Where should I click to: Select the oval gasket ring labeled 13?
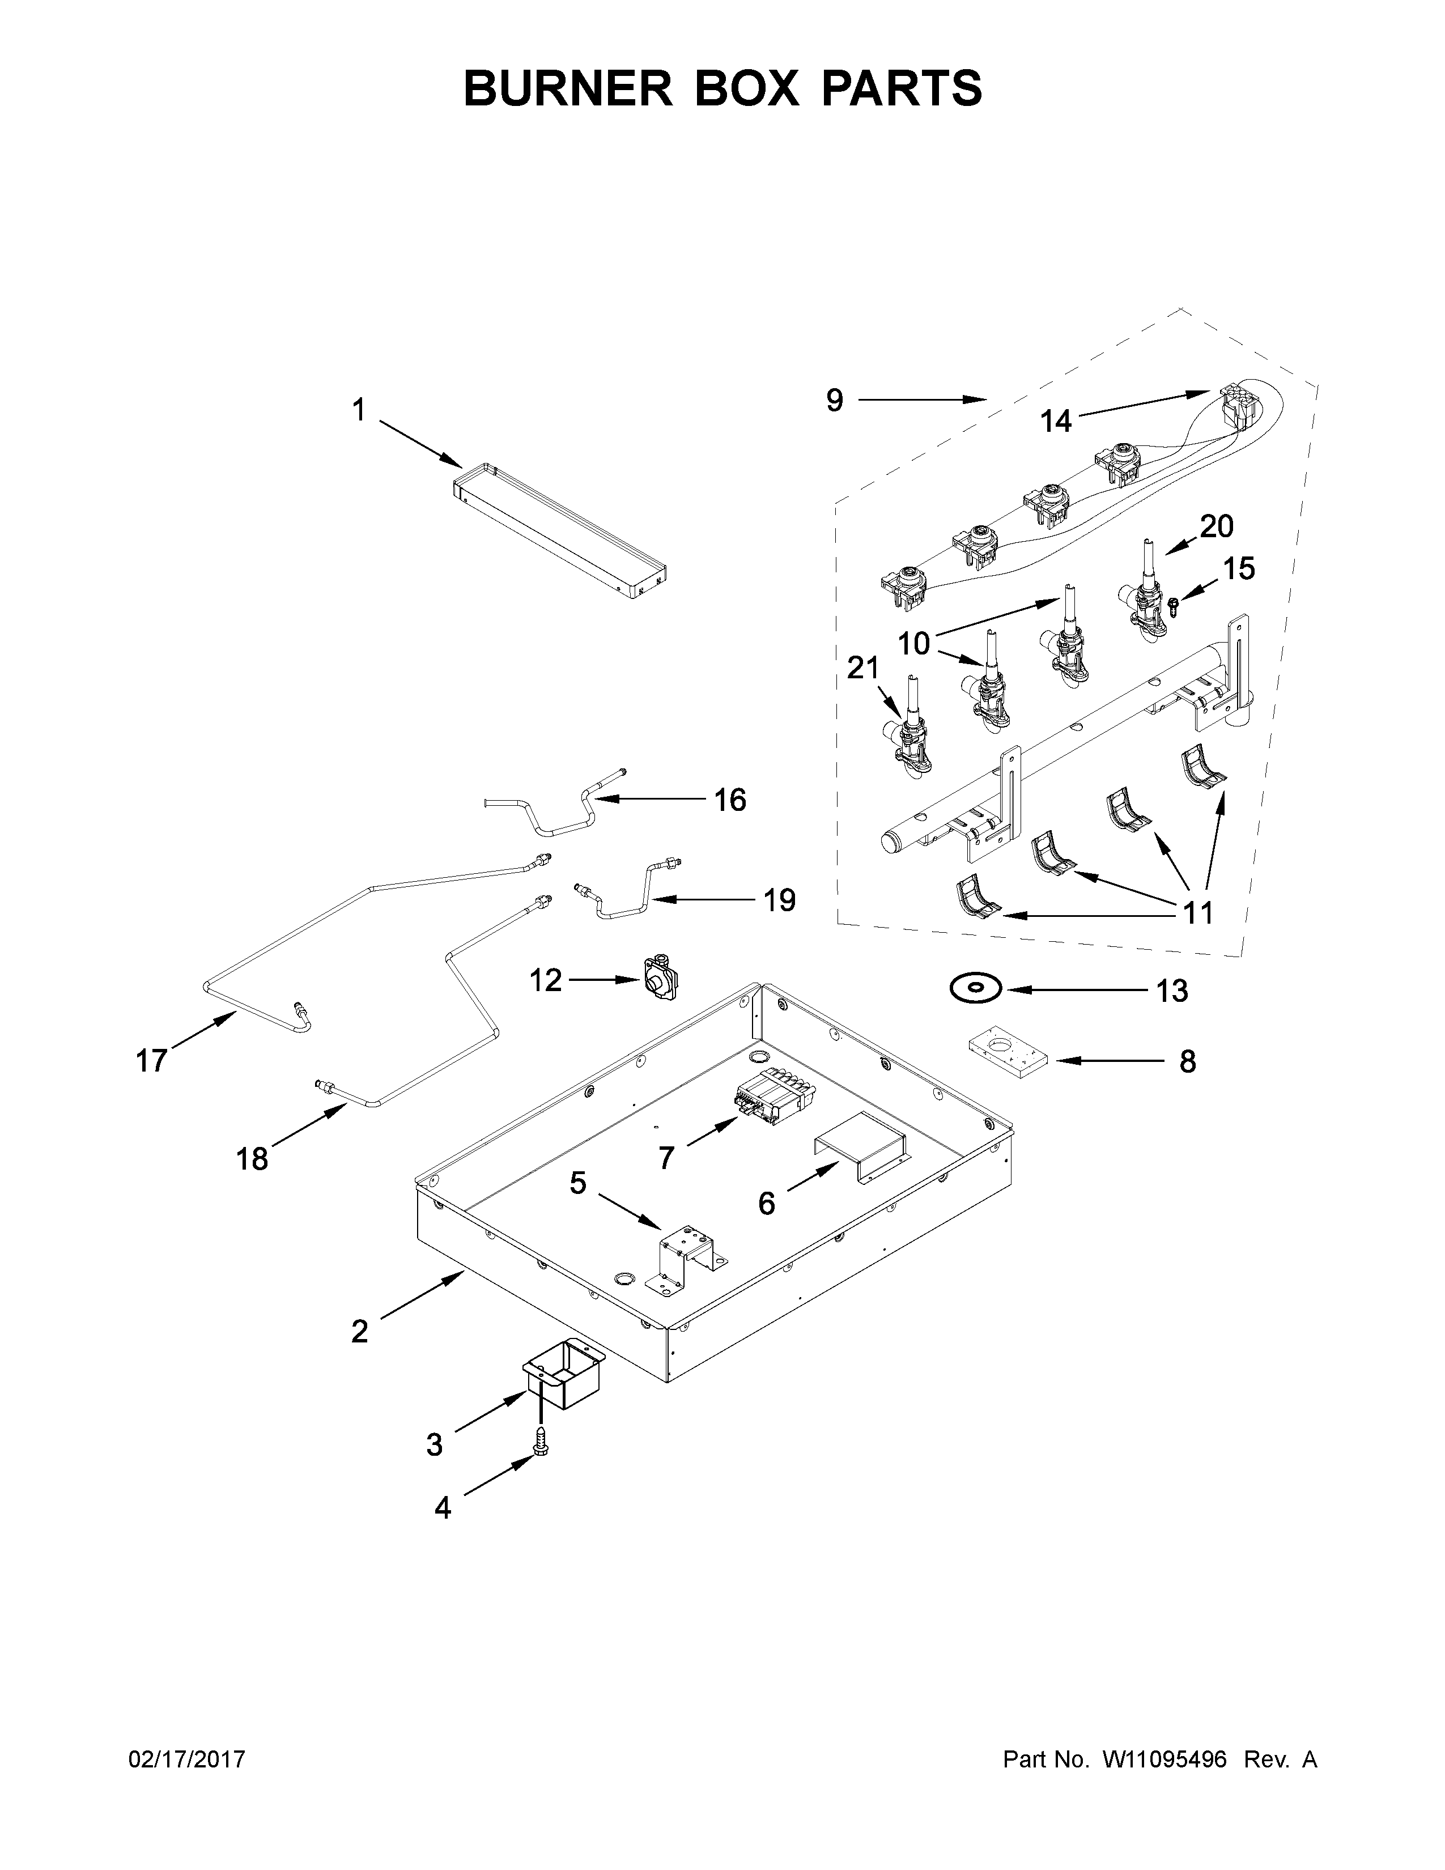click(974, 989)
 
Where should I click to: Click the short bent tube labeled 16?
click(556, 813)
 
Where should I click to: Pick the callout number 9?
click(835, 400)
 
